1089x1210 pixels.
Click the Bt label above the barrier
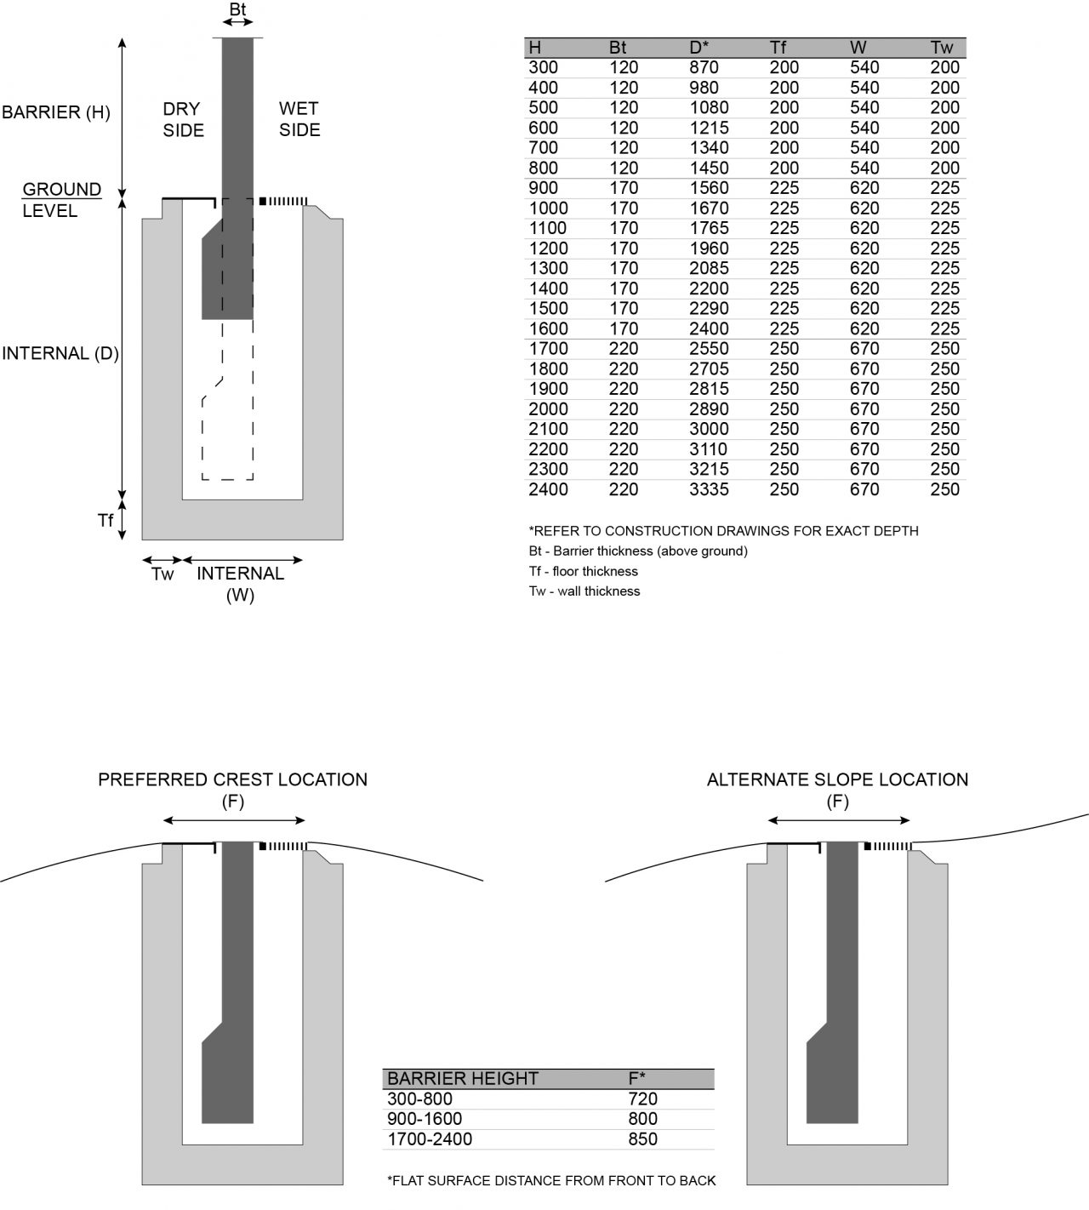point(238,10)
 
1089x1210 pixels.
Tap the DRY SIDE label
point(183,119)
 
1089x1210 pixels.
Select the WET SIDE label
point(299,119)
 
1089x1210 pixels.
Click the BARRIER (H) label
point(56,111)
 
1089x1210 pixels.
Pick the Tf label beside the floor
point(105,519)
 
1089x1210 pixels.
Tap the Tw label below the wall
point(162,574)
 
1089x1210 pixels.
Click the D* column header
point(699,48)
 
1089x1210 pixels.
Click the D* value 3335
point(709,489)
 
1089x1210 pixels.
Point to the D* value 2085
point(709,268)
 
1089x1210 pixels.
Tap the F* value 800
point(642,1119)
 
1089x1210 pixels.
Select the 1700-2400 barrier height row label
point(429,1139)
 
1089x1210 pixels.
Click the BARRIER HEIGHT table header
point(462,1079)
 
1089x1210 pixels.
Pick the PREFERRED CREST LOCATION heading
point(232,779)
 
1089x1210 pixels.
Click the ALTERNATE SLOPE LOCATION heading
point(837,779)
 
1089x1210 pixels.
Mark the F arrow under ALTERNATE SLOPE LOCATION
point(838,820)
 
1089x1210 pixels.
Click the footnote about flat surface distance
point(551,1180)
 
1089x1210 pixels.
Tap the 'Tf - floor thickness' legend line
point(583,571)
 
